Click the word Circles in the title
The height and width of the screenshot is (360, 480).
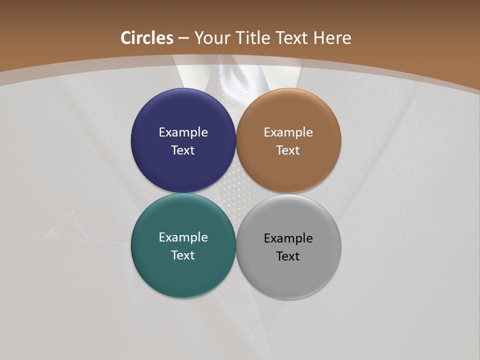(x=147, y=38)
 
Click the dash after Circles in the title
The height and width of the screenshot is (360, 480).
(x=183, y=38)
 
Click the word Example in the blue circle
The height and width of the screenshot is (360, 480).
(x=183, y=132)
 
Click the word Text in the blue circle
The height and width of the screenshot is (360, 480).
(x=183, y=150)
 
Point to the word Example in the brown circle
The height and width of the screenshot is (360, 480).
(x=288, y=132)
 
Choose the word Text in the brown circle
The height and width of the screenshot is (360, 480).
(x=288, y=150)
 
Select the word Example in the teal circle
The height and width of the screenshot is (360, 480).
(x=183, y=237)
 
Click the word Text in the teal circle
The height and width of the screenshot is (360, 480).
(x=183, y=255)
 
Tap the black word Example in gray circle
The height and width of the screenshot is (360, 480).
(x=288, y=238)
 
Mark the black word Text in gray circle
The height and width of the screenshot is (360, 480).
(x=288, y=256)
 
